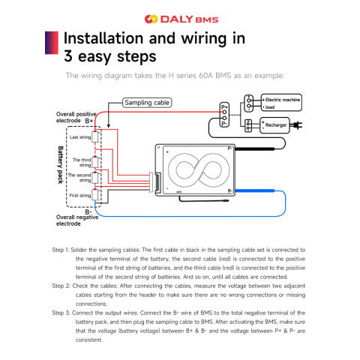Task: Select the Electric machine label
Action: [x=283, y=99]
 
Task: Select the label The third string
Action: [x=82, y=162]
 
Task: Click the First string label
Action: [x=79, y=195]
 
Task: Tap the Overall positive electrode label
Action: [x=76, y=116]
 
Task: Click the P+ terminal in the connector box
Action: [x=223, y=106]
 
